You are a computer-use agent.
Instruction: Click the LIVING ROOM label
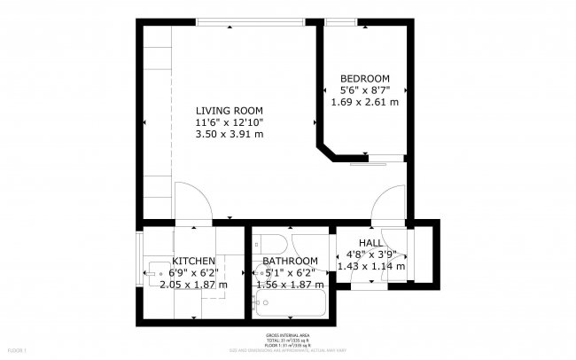230,110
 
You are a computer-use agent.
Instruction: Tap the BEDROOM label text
365,78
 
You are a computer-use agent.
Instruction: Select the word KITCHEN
193,261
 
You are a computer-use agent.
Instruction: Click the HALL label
370,243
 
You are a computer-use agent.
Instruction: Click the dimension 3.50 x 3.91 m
230,134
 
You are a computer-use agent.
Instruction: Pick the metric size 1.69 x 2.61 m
365,102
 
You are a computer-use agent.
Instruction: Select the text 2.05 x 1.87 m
193,285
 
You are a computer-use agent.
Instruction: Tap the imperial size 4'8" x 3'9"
370,254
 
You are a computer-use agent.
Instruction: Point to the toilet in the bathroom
272,244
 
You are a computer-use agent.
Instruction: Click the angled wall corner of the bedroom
328,151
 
